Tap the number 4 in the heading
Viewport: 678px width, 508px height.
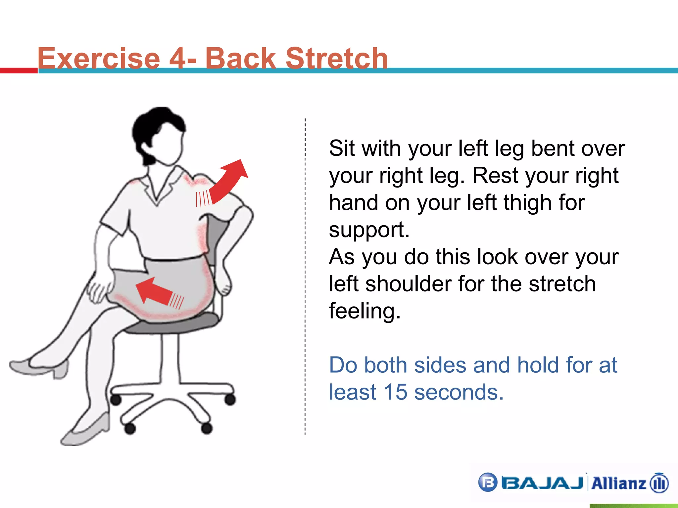tap(178, 58)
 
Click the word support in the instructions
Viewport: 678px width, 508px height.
tap(369, 230)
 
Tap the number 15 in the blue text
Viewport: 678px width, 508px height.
tap(395, 392)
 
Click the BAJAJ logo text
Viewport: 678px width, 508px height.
tap(542, 483)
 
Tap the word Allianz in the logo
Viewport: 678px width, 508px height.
tap(618, 483)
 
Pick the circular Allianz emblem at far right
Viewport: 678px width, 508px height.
tap(659, 483)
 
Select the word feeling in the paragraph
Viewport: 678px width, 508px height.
tap(364, 311)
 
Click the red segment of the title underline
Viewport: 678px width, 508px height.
tap(19, 70)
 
